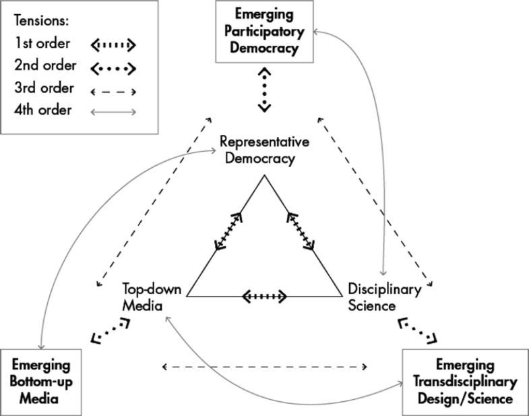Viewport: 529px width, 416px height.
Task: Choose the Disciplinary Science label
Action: [384, 297]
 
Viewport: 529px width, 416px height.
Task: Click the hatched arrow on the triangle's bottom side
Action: [264, 296]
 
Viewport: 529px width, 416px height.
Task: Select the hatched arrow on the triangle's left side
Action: [228, 231]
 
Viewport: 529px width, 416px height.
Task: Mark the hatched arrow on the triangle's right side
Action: [301, 231]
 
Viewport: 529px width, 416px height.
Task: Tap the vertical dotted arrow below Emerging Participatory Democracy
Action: [264, 88]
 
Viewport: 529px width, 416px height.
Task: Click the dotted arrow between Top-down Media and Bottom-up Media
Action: [111, 330]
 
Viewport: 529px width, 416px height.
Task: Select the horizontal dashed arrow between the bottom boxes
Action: [264, 367]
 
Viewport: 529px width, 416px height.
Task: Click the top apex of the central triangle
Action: [264, 176]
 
